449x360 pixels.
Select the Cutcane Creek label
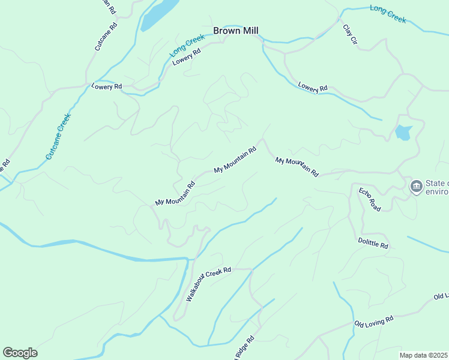coord(59,136)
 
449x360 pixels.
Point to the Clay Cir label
coord(350,35)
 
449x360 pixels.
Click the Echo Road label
coord(370,199)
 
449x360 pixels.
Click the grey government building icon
coord(416,187)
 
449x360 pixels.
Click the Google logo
coord(20,353)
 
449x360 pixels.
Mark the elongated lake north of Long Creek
coord(159,14)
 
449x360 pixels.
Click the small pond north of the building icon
coord(403,133)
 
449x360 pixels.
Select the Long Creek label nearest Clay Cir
coord(388,14)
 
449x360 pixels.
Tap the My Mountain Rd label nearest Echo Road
coord(297,166)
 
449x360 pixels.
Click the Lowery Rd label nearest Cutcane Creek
coord(106,86)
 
